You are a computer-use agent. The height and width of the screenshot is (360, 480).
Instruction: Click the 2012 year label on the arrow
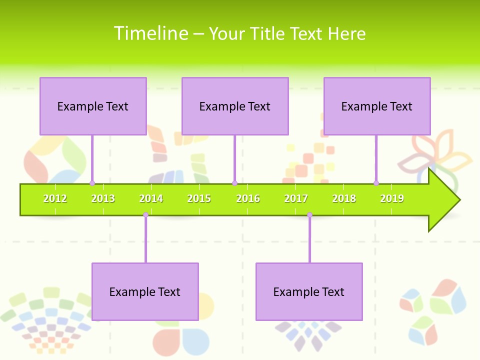[x=55, y=198]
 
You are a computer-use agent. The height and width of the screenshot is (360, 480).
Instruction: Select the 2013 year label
[x=103, y=198]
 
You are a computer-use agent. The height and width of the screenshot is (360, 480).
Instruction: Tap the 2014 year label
[x=151, y=198]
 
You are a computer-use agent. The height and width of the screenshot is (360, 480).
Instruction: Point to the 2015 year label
[x=199, y=198]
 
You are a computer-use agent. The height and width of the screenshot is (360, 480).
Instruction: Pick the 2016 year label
[x=248, y=198]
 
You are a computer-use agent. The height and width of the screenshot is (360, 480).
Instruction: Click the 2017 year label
[x=296, y=198]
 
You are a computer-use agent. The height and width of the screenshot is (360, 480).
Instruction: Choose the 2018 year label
[x=344, y=198]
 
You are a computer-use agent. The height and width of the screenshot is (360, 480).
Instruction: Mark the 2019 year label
[x=392, y=198]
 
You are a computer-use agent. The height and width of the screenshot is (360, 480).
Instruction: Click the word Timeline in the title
[x=150, y=33]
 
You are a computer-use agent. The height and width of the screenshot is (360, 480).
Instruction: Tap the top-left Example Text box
[x=93, y=106]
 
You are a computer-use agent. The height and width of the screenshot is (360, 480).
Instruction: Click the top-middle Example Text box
[x=235, y=106]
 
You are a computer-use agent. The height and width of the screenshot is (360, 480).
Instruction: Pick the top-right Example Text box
[x=377, y=106]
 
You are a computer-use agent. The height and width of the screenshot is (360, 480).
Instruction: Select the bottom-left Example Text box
[x=145, y=291]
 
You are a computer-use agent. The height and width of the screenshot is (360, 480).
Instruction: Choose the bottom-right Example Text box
[x=309, y=291]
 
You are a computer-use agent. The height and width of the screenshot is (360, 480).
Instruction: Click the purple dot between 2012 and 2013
[x=92, y=183]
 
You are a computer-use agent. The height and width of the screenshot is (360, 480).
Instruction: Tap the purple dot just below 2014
[x=145, y=215]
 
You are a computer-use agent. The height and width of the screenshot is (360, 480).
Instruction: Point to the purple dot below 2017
[x=309, y=215]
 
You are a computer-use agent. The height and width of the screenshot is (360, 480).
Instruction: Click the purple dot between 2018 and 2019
[x=376, y=183]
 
